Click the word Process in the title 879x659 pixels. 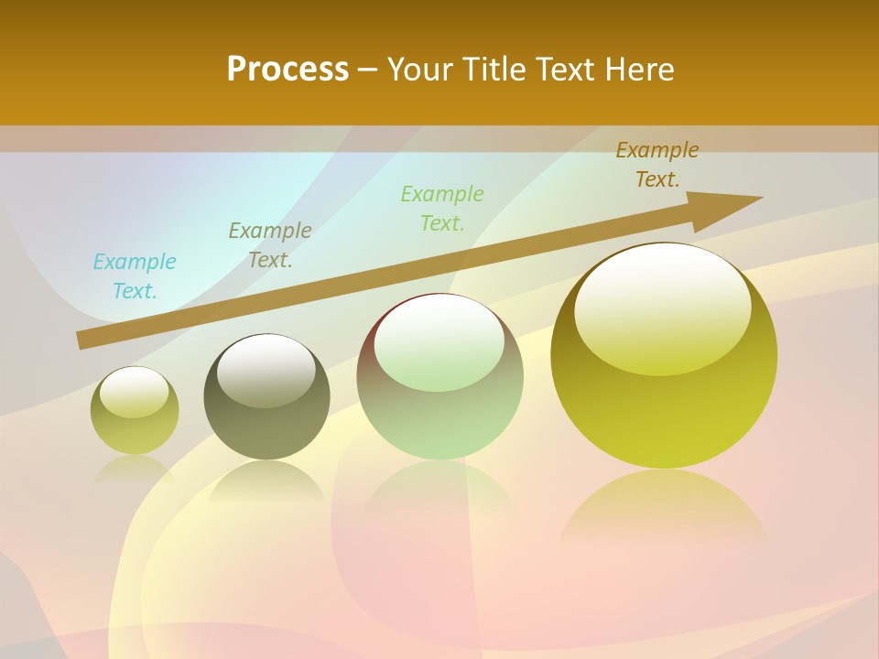point(288,70)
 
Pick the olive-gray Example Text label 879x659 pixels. point(270,245)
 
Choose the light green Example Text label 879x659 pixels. point(442,209)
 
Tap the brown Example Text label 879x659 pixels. point(657,165)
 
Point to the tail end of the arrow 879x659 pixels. point(84,340)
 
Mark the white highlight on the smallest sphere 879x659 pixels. point(135,392)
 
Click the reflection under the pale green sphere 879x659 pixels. point(440,494)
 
